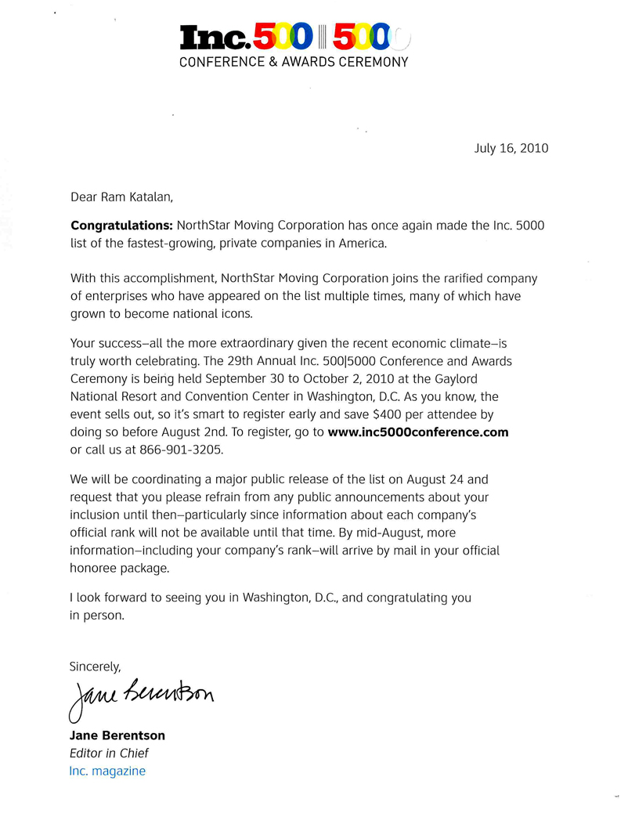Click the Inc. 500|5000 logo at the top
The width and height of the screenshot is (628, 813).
coord(294,38)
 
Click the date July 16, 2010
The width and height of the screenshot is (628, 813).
coord(511,148)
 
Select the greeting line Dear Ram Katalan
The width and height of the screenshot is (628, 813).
coord(129,197)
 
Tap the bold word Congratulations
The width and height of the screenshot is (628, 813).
coord(121,226)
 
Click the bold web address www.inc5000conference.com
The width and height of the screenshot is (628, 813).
coord(418,432)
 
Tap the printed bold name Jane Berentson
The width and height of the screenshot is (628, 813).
coord(117,735)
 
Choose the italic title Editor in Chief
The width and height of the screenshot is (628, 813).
coord(109,753)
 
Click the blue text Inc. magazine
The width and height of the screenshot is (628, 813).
coord(107,771)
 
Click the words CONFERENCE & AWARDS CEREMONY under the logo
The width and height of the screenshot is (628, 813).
coord(294,62)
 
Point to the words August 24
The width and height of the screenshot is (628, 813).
coord(460,479)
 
